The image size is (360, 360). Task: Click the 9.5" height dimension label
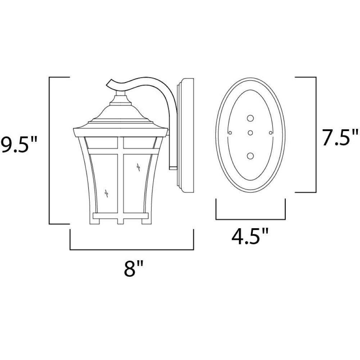[x=18, y=145]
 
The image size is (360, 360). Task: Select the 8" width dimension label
[x=134, y=268]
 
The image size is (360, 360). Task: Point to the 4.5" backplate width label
[x=250, y=236]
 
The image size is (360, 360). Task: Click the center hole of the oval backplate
[x=250, y=133]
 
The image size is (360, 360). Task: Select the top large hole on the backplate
[x=250, y=118]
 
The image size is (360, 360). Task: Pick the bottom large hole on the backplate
[x=250, y=156]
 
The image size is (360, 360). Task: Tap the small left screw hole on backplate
[x=230, y=133]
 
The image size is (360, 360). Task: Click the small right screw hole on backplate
[x=270, y=133]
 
